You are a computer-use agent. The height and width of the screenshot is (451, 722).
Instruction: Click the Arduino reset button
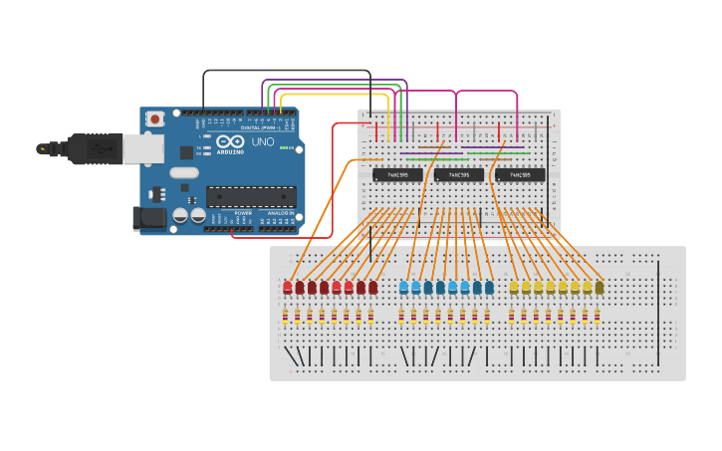[155, 118]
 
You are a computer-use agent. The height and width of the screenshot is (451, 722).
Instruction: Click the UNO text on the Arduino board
[262, 142]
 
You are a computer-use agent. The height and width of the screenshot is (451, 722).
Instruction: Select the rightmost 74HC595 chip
[520, 175]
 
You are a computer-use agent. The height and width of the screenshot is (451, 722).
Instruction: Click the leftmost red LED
[287, 287]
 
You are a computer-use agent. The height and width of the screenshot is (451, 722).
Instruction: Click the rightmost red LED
[372, 287]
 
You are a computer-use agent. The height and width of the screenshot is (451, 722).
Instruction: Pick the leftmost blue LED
[403, 287]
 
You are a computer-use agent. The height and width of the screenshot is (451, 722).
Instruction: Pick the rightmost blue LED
[489, 287]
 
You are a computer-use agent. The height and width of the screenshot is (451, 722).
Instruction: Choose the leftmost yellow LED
[514, 287]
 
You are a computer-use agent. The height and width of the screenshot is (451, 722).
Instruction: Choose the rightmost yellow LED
[600, 287]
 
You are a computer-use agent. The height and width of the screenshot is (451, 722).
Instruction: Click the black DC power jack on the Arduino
[148, 218]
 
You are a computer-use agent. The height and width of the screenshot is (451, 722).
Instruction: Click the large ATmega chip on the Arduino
[251, 196]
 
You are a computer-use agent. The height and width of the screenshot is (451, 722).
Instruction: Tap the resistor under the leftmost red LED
[286, 316]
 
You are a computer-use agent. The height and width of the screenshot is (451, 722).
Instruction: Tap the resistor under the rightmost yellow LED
[598, 316]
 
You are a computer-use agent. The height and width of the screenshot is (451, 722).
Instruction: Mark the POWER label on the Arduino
[243, 213]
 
